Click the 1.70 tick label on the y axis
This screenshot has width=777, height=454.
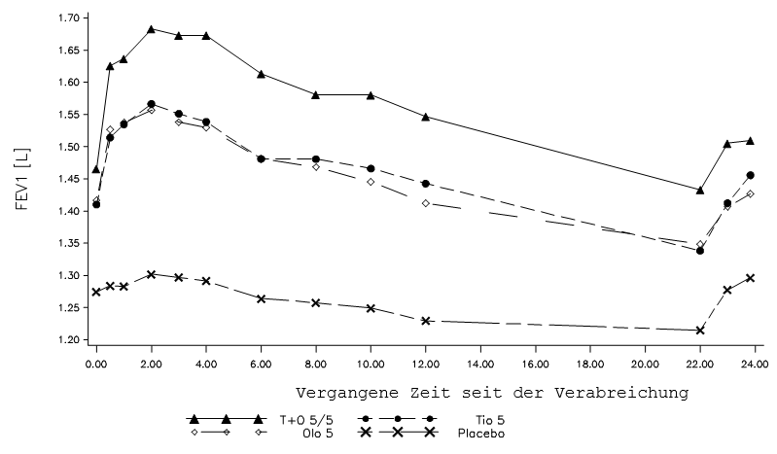(x=67, y=17)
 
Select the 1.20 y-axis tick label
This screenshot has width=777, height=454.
(x=67, y=340)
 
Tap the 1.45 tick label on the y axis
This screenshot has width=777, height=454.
(x=67, y=179)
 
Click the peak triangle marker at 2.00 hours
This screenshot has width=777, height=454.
(x=151, y=29)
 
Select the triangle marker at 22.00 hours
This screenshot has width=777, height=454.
(x=700, y=190)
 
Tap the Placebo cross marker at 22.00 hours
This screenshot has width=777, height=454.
(x=700, y=331)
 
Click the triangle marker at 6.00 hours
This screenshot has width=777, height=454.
(x=261, y=74)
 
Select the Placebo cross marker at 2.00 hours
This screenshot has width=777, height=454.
(x=151, y=274)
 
